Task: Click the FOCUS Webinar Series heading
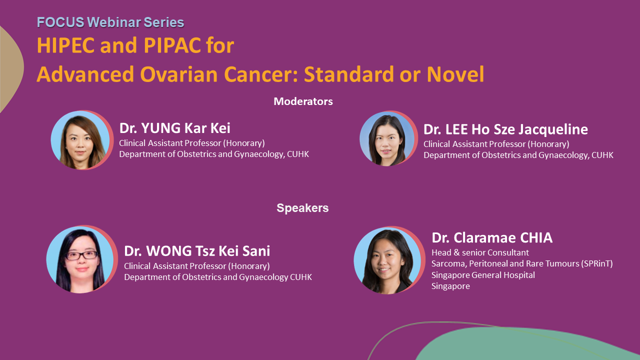110,22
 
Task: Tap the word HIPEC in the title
65,45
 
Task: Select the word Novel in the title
455,74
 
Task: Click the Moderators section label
303,101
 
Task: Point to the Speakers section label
302,208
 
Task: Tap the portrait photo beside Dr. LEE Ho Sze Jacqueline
387,139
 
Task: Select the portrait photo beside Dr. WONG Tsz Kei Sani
81,259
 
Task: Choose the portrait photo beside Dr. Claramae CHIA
388,260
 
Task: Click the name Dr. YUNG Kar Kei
174,128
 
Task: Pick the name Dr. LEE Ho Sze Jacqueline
505,129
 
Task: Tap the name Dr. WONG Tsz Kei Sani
197,251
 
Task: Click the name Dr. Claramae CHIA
492,237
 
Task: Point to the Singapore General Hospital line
483,275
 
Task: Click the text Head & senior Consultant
480,252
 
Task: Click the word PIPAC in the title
171,45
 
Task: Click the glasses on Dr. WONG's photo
81,255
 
